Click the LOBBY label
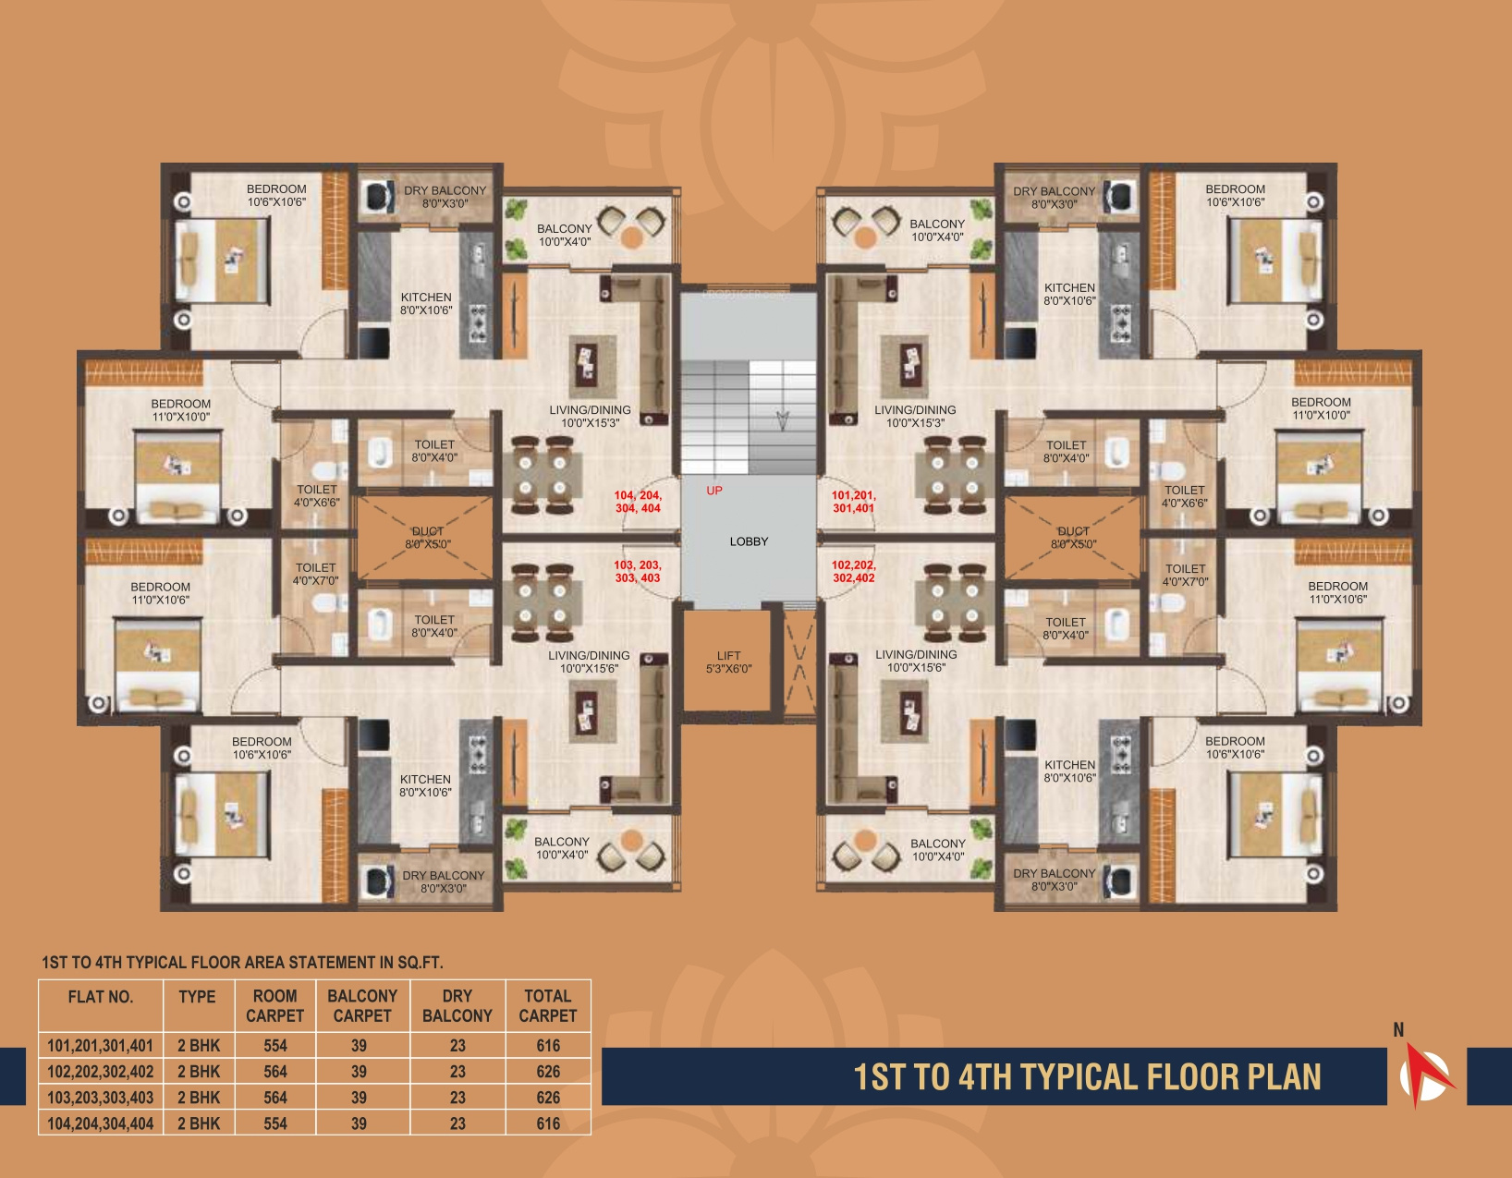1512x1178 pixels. pyautogui.click(x=749, y=541)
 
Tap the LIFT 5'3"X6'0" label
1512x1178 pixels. pyautogui.click(x=728, y=662)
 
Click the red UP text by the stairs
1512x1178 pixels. pyautogui.click(x=714, y=491)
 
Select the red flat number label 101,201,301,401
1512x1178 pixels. pyautogui.click(x=854, y=502)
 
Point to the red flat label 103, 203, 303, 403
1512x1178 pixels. pyautogui.click(x=638, y=572)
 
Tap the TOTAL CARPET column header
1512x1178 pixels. pyautogui.click(x=548, y=1005)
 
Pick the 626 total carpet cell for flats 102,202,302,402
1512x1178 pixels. pyautogui.click(x=548, y=1072)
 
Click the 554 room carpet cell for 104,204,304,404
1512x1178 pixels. pyautogui.click(x=275, y=1123)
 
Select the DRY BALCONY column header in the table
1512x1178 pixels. pyautogui.click(x=457, y=1005)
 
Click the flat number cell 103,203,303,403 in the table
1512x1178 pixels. pyautogui.click(x=100, y=1098)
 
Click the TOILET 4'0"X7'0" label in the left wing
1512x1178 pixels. pyautogui.click(x=315, y=575)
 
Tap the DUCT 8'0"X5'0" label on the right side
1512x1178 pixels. pyautogui.click(x=1073, y=538)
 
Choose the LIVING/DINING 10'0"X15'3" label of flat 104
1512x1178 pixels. pyautogui.click(x=590, y=416)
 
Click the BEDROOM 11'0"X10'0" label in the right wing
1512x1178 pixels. pyautogui.click(x=1321, y=408)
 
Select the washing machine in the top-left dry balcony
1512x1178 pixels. pyautogui.click(x=377, y=195)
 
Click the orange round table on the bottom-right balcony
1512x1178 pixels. pyautogui.click(x=864, y=840)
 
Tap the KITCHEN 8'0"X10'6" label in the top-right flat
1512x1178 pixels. pyautogui.click(x=1069, y=294)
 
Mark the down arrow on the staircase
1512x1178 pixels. pyautogui.click(x=783, y=420)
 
